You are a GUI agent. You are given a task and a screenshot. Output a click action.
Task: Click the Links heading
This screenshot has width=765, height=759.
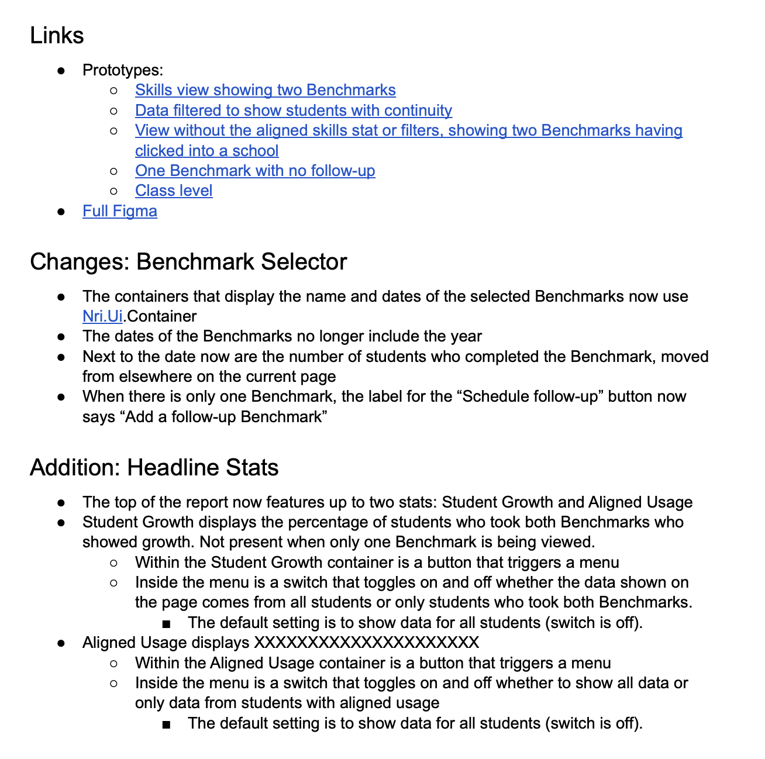(57, 36)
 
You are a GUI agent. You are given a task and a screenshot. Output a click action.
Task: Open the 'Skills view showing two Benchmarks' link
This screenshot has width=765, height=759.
(265, 90)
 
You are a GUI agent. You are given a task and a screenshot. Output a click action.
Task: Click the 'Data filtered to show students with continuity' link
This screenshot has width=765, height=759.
(293, 111)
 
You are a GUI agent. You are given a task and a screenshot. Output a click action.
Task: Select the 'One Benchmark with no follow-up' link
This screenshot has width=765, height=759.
(255, 171)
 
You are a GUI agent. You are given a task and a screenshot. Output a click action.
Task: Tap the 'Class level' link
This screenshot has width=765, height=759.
(174, 191)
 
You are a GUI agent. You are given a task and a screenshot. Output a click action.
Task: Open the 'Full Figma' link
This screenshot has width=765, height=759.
(120, 211)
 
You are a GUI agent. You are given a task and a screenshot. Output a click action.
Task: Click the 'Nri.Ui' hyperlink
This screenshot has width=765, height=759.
(102, 316)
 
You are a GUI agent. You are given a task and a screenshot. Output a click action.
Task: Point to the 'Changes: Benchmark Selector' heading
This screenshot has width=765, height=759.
(188, 261)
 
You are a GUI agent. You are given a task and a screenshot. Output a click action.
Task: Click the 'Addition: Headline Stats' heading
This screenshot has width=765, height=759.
(154, 467)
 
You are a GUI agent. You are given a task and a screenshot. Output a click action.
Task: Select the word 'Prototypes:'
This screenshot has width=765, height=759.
(123, 70)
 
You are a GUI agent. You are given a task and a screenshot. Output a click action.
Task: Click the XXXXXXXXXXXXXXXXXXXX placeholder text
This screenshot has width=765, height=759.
(367, 643)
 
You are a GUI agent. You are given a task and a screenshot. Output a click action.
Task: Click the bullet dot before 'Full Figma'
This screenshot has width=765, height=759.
(61, 212)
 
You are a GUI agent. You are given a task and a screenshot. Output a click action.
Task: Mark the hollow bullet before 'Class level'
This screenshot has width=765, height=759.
(114, 191)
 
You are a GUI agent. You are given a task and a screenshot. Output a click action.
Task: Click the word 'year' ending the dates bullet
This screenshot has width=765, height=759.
(466, 336)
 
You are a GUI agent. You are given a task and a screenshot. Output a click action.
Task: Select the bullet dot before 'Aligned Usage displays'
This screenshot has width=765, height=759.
(61, 643)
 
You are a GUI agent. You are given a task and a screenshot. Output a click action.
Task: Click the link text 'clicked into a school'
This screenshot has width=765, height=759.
(206, 151)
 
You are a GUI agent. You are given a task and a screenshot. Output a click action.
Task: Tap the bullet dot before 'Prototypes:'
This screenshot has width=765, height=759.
(61, 71)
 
